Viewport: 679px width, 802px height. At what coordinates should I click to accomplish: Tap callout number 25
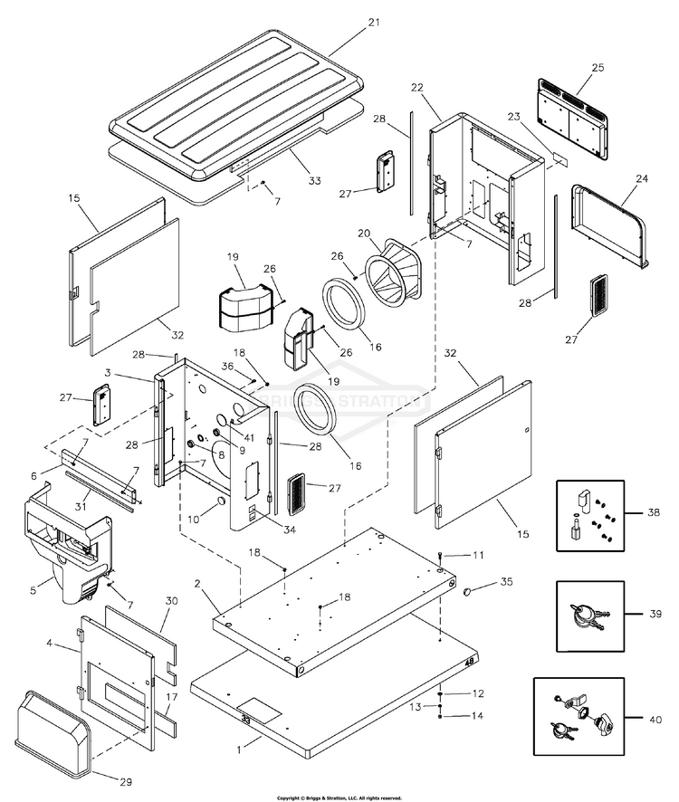(x=598, y=68)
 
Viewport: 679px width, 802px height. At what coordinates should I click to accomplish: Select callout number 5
(x=33, y=590)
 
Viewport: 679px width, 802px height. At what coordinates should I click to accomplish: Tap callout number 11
(x=478, y=554)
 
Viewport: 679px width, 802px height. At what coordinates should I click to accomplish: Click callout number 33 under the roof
(x=314, y=181)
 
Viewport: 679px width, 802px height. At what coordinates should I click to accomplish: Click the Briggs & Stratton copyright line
(x=339, y=797)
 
